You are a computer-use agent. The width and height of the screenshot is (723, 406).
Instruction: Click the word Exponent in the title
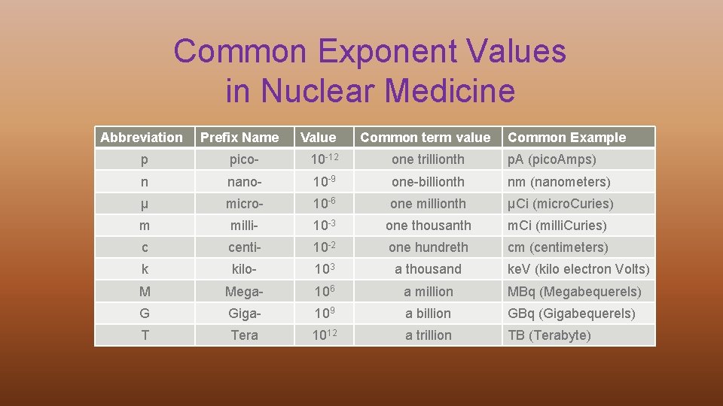point(384,53)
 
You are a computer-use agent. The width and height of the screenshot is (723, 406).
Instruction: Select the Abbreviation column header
point(142,137)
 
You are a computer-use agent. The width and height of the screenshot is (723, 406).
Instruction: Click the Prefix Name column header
point(239,137)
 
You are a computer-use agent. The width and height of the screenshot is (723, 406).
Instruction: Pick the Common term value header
point(425,137)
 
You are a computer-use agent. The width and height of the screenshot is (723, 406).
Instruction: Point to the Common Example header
point(566,137)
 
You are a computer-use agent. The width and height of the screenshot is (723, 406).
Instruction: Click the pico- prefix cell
point(244,159)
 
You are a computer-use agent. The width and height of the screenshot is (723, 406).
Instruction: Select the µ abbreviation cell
point(145,204)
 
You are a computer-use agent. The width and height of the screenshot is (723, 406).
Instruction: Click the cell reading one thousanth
point(428,226)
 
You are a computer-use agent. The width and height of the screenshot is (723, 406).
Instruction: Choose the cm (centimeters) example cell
point(557,247)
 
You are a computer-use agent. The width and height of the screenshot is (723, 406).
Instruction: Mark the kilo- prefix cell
point(244,269)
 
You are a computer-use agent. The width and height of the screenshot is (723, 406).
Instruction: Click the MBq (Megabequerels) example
point(574,292)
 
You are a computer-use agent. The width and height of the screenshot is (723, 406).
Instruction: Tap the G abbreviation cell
point(145,314)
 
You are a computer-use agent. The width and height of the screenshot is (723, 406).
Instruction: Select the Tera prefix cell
point(244,335)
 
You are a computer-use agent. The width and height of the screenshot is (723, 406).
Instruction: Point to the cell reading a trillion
point(428,335)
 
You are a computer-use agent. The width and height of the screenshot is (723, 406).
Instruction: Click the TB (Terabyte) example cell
point(549,335)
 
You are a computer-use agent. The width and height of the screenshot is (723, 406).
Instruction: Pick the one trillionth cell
point(428,159)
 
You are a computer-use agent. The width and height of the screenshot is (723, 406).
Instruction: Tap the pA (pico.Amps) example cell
point(551,159)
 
